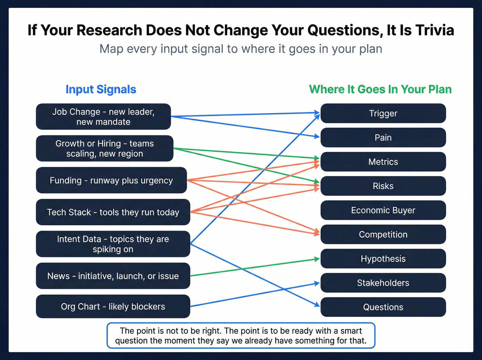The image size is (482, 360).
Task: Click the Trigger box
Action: click(383, 113)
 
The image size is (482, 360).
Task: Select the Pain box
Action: click(383, 137)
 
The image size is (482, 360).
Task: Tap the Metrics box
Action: click(383, 162)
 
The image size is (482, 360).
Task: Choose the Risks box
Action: click(383, 186)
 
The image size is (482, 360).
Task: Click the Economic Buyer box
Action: click(383, 210)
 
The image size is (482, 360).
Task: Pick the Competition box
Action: click(383, 234)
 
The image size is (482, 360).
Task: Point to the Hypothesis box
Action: click(383, 259)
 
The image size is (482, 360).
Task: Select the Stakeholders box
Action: click(383, 283)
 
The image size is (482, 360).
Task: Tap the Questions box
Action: click(383, 307)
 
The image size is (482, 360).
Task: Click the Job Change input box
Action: click(103, 117)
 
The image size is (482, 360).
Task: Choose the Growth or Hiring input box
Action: click(104, 148)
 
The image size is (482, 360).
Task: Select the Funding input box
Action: click(111, 180)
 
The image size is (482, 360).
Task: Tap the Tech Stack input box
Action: click(113, 212)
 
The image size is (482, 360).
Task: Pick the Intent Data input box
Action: click(113, 244)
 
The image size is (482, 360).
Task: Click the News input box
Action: click(113, 276)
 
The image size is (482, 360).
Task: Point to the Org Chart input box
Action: click(113, 306)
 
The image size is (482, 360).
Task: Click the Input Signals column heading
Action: click(101, 89)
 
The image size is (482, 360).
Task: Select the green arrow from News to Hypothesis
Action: click(255, 267)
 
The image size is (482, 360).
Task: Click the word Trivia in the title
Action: click(434, 30)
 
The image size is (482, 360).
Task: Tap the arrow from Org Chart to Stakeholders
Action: click(255, 295)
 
